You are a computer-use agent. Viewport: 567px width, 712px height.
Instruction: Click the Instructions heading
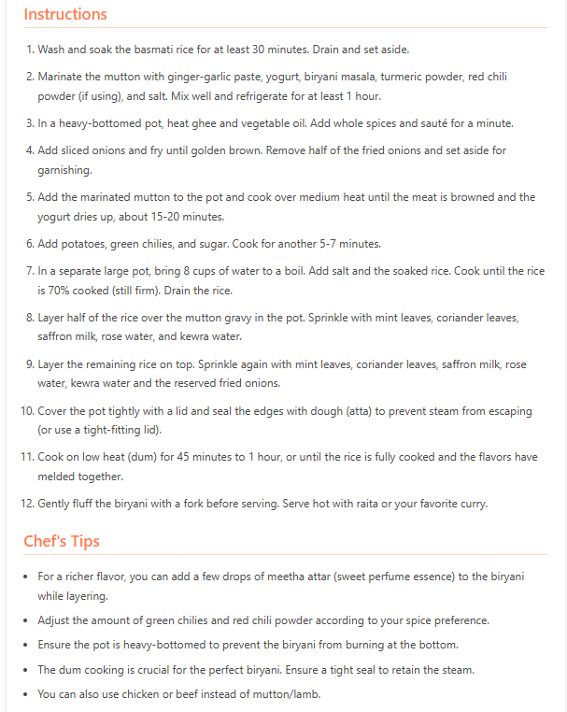pos(65,14)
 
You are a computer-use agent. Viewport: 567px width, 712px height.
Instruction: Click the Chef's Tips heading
pos(62,541)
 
